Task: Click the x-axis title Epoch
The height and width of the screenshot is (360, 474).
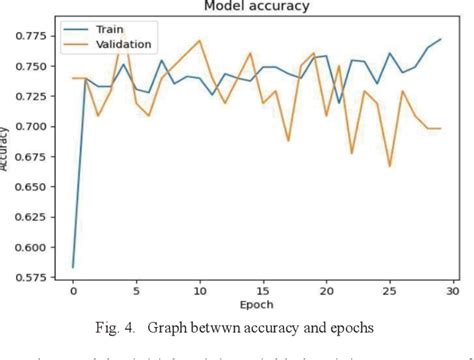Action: [x=262, y=304]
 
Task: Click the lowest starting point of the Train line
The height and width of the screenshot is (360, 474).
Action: [x=73, y=267]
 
